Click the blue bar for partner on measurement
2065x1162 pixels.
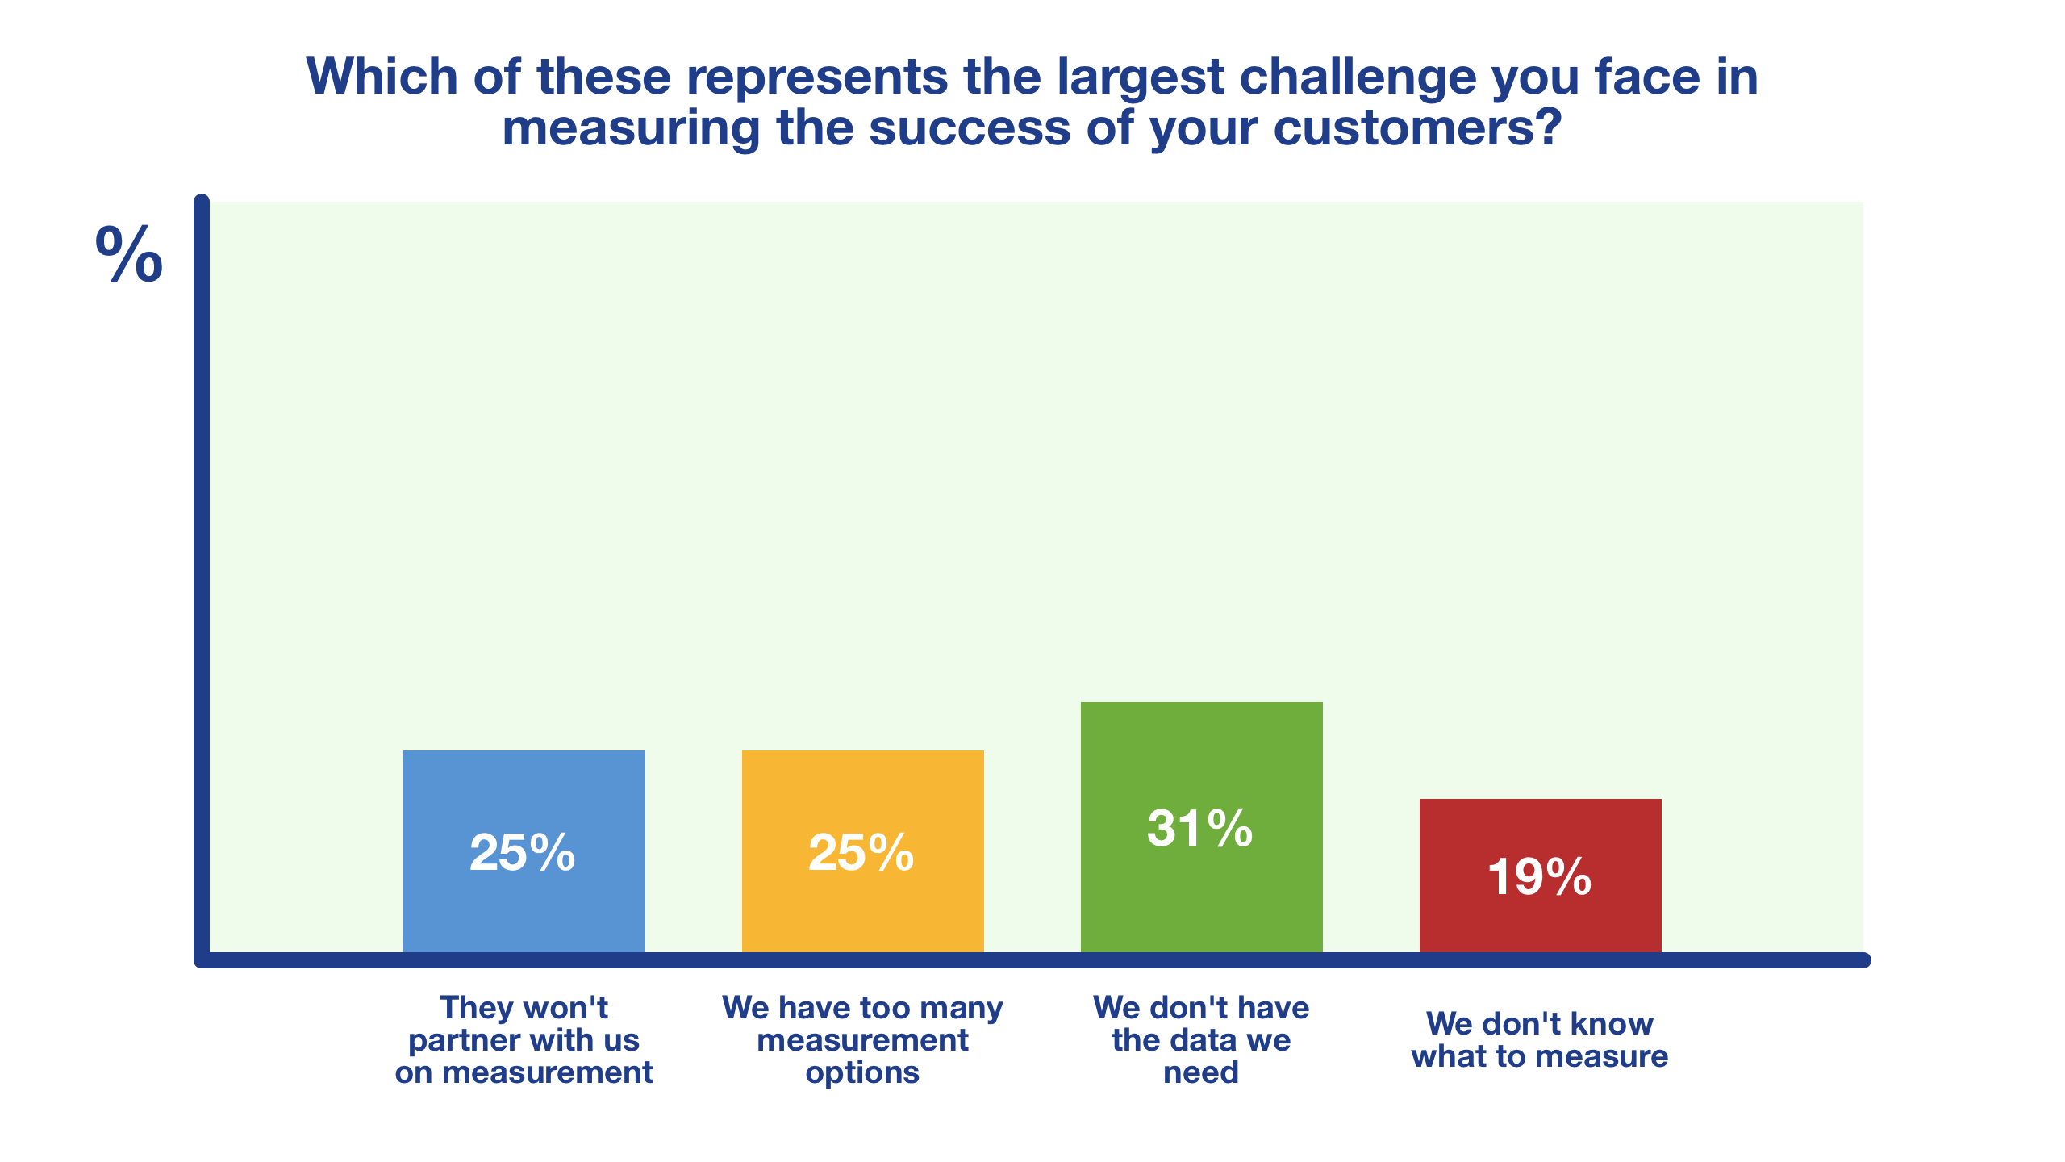[524, 851]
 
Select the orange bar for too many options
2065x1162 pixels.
[863, 851]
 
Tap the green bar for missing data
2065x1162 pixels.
[1202, 827]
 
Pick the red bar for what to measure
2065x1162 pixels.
[1541, 876]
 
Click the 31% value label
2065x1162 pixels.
[1200, 829]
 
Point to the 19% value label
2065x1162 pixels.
[1540, 877]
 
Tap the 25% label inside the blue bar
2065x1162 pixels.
[523, 853]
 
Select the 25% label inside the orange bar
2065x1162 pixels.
[861, 853]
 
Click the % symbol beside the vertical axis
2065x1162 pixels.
[129, 254]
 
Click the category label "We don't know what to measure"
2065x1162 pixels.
[1540, 1040]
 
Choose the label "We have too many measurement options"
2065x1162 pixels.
[862, 1040]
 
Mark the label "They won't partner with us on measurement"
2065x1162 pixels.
[524, 1040]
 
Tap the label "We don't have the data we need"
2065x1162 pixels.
[1201, 1040]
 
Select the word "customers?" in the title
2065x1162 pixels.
[1417, 129]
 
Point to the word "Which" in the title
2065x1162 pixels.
[382, 77]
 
